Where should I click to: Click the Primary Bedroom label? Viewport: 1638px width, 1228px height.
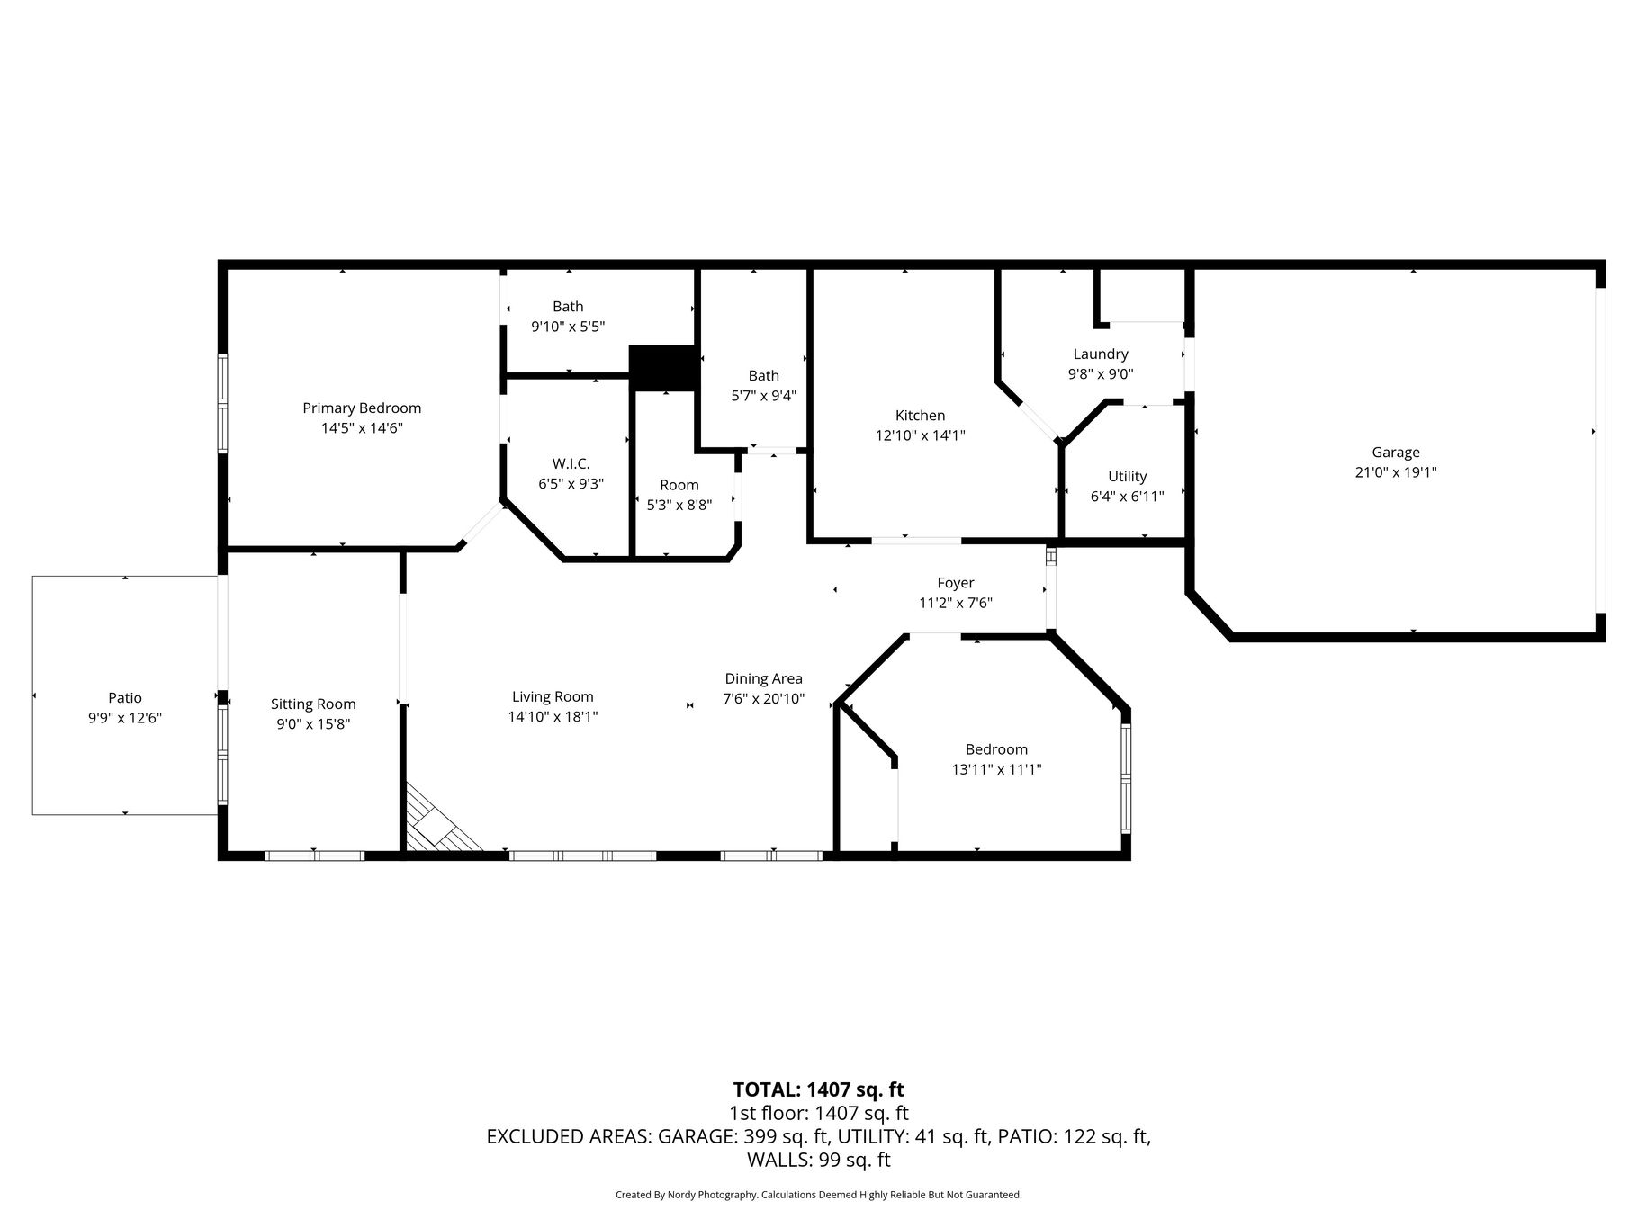point(362,408)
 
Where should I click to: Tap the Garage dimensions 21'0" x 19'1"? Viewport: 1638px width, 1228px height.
point(1396,472)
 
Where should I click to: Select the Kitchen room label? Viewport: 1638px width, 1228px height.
point(920,415)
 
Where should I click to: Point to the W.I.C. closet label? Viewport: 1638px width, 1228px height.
point(571,463)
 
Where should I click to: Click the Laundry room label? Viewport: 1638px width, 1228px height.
point(1101,354)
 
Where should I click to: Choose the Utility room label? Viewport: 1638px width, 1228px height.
point(1127,476)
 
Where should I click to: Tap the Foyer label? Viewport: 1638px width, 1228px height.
point(956,583)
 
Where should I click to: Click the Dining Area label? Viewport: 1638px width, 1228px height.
point(764,678)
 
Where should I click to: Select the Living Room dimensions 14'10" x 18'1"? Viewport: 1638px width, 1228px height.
point(553,717)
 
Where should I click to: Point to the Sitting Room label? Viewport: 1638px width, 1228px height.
point(313,704)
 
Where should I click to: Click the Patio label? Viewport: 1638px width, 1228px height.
point(125,697)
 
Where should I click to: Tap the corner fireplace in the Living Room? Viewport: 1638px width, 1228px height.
point(440,820)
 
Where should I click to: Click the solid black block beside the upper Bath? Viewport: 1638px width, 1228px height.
point(664,368)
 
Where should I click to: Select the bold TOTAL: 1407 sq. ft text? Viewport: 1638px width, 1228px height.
point(819,1090)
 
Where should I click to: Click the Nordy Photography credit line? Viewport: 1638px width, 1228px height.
point(819,1195)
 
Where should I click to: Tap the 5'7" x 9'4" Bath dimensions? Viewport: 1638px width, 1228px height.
point(763,395)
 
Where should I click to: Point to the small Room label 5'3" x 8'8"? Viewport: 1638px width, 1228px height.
point(679,495)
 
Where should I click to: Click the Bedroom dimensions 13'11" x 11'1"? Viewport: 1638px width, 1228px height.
point(996,769)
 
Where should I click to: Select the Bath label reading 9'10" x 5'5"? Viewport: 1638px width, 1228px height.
point(568,317)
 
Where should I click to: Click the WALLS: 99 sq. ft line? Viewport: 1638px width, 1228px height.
point(819,1161)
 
